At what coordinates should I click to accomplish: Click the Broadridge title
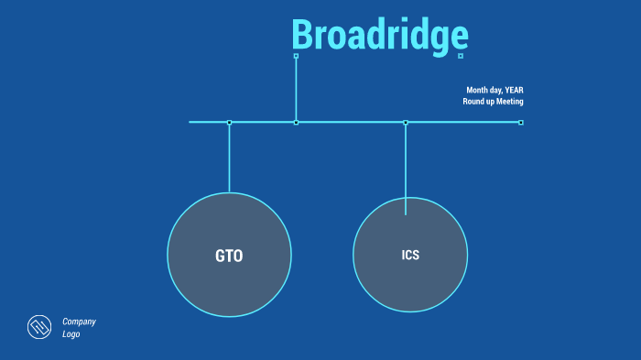[380, 36]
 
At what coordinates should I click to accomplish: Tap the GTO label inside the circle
[229, 256]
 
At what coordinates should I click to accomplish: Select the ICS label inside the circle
[410, 256]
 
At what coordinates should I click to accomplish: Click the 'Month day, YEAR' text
[494, 90]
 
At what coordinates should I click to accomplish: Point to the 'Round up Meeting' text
[493, 101]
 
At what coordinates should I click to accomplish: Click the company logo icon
[38, 327]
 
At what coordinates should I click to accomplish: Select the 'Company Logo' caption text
[79, 328]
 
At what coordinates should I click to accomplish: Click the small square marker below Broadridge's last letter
[461, 56]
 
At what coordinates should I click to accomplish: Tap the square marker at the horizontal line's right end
[521, 122]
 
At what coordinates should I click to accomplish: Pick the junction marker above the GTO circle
[229, 122]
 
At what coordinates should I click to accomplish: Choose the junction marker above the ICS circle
[406, 122]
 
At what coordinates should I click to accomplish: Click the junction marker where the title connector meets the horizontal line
[296, 122]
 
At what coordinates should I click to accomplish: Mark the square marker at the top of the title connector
[296, 56]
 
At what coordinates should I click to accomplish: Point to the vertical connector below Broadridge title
[296, 89]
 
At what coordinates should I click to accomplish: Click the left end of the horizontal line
[191, 122]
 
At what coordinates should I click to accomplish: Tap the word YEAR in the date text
[514, 90]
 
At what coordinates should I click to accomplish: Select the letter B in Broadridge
[304, 36]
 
